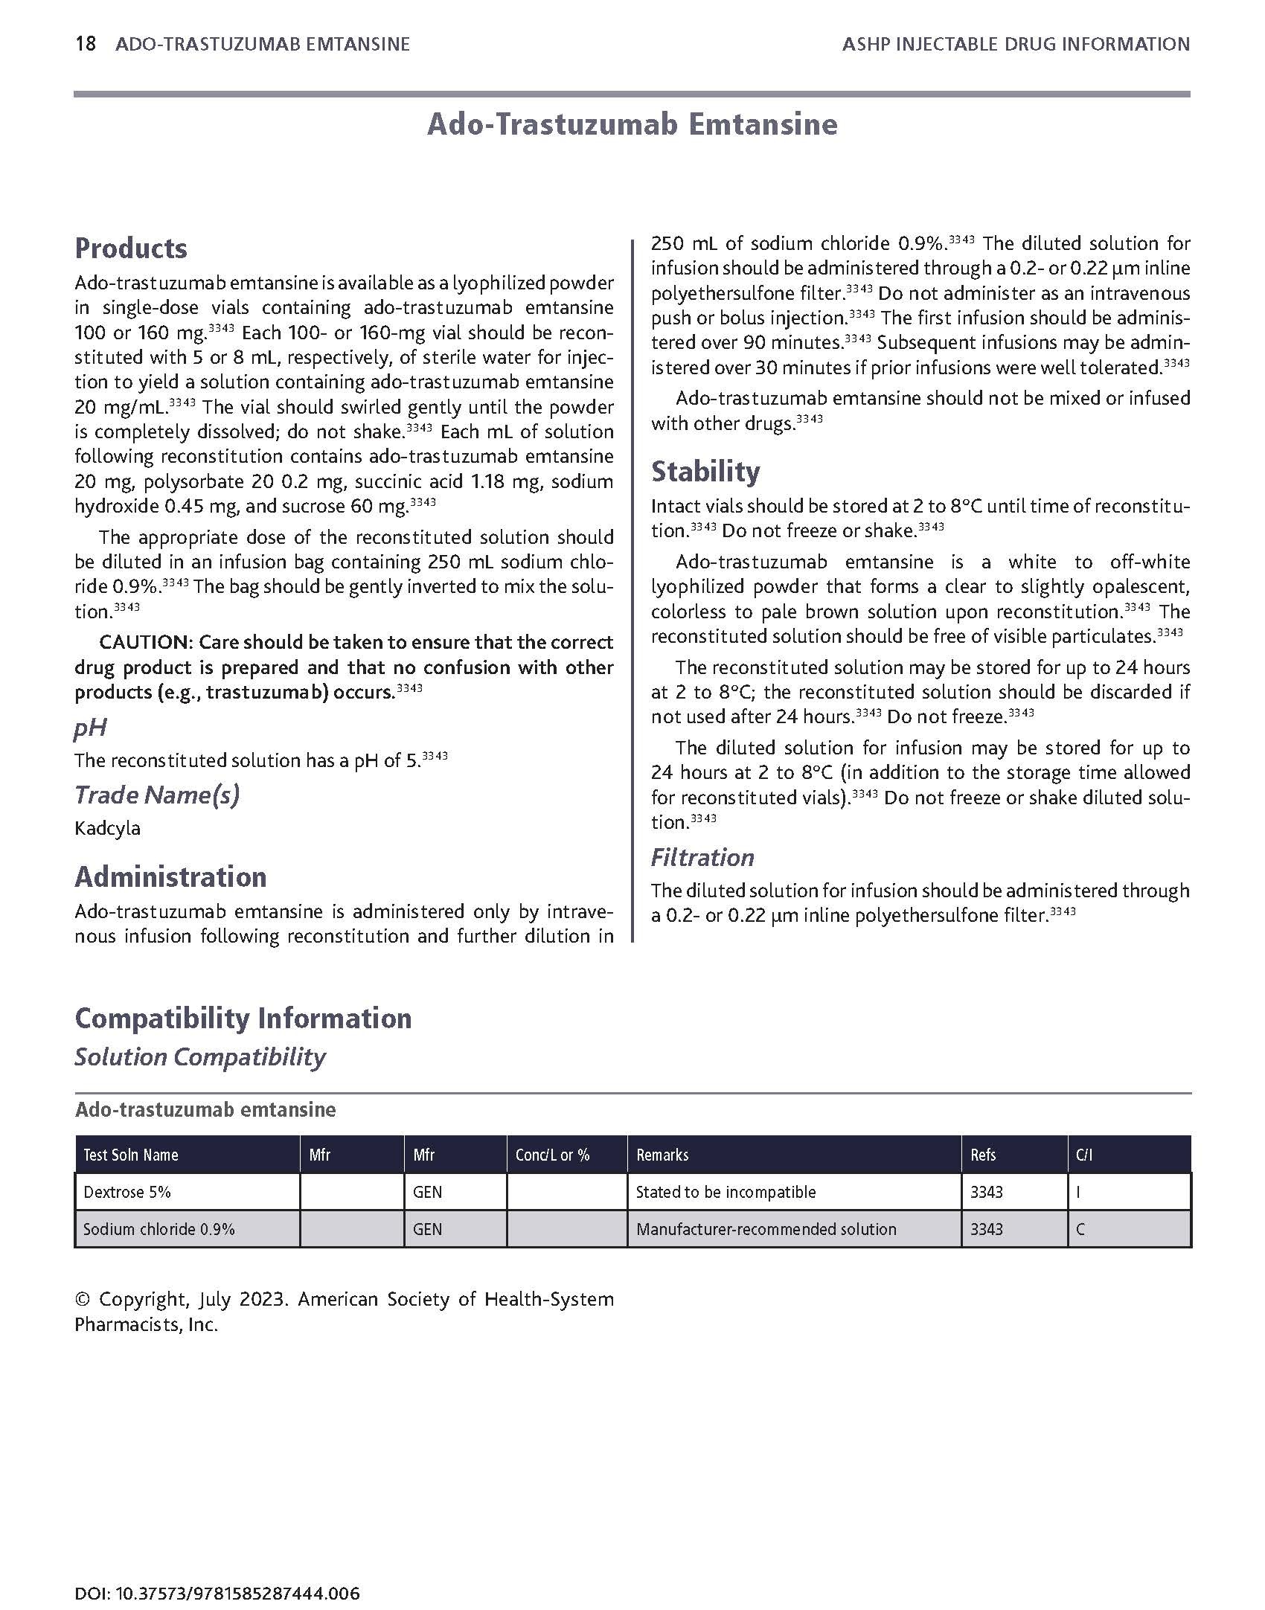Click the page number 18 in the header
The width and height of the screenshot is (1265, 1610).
pos(86,45)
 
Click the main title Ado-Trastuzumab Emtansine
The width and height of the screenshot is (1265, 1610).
pos(632,124)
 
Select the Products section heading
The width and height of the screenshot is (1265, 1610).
pos(131,248)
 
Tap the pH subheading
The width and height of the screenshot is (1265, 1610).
pos(90,728)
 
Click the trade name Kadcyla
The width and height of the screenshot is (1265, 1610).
pos(107,828)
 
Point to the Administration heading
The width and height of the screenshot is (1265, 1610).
pos(170,877)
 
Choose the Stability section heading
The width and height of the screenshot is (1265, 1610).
pos(705,472)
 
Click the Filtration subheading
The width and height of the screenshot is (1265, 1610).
pos(702,858)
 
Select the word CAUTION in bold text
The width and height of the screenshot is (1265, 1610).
pos(145,642)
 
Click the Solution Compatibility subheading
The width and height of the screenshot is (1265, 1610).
pos(199,1057)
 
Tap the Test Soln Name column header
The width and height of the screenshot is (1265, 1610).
pos(131,1155)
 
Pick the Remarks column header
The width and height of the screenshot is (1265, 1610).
pos(662,1155)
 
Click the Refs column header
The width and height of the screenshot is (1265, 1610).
pos(983,1155)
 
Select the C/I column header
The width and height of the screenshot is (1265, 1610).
pos(1084,1155)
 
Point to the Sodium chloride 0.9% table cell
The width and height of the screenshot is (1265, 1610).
pos(159,1229)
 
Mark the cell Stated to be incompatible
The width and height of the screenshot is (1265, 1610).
pos(726,1192)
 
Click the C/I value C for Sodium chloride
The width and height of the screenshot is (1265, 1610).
pos(1080,1229)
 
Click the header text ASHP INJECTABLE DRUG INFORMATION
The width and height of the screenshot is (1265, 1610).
pos(1016,45)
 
